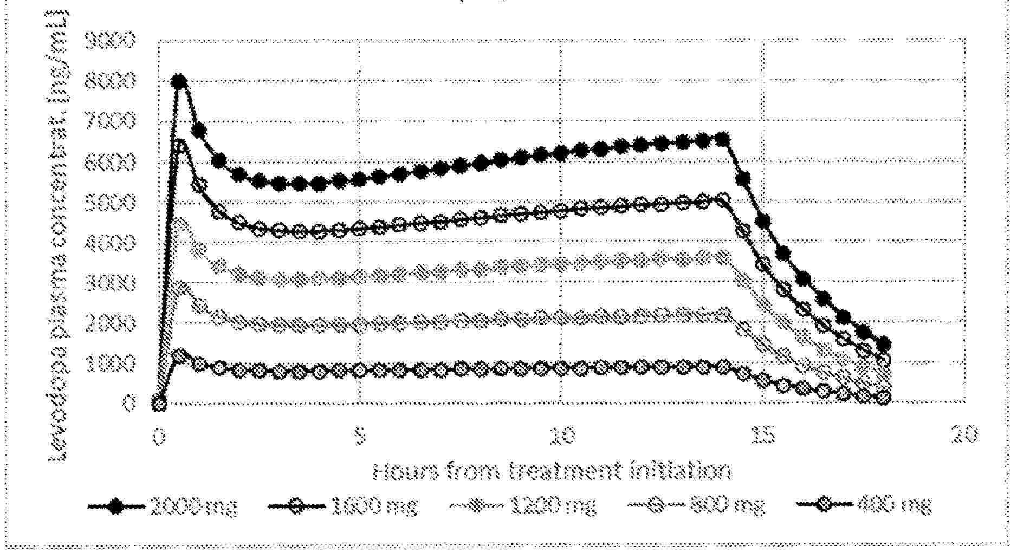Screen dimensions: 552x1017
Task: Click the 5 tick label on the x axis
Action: point(360,436)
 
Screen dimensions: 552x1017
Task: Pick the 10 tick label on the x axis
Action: point(561,436)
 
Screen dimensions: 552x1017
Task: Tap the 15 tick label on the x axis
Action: point(763,436)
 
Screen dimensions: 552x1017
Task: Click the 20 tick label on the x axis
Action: point(964,436)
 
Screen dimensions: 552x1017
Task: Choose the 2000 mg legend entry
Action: point(163,507)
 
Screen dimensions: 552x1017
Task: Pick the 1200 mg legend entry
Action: point(523,507)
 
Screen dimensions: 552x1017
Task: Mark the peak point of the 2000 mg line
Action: point(179,82)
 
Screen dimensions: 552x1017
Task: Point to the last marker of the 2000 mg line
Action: point(884,343)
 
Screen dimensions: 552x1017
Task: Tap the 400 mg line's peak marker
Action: point(179,356)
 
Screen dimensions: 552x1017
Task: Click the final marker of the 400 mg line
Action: point(884,397)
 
